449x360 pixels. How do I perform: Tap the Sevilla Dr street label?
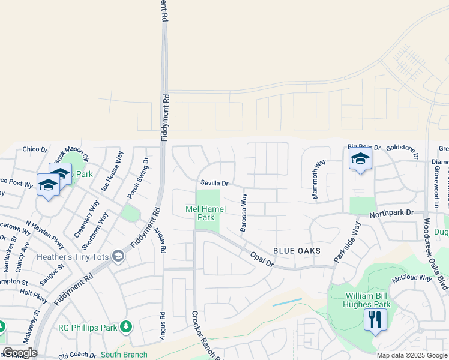[215, 183]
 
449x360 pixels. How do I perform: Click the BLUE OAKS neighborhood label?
[297, 250]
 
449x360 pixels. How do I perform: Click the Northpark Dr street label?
[391, 213]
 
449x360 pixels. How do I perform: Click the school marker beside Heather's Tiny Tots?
[118, 257]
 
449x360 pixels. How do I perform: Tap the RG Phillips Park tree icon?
[125, 326]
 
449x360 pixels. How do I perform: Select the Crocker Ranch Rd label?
[205, 335]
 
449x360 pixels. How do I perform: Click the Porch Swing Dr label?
[138, 178]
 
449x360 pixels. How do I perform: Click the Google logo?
[20, 353]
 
